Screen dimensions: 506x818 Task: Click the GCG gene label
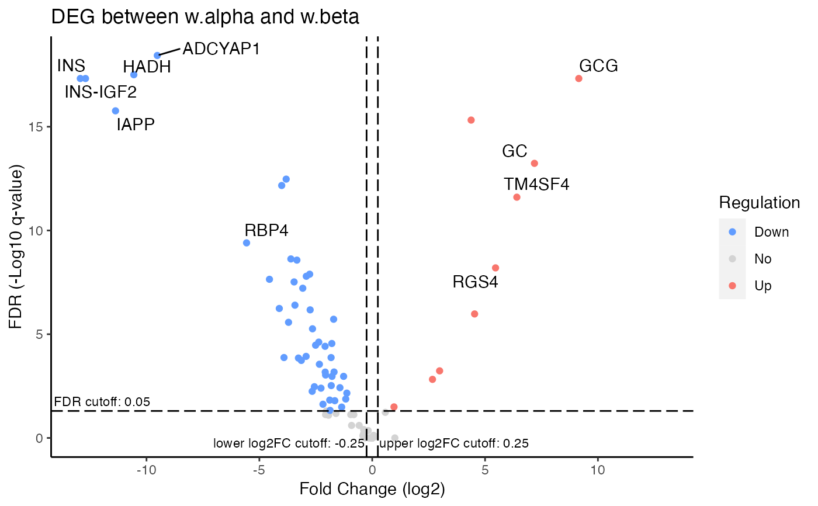598,65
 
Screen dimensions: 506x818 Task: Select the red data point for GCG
578,78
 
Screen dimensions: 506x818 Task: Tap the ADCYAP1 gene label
221,48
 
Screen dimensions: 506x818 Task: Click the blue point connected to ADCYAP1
157,56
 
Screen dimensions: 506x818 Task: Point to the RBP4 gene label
266,230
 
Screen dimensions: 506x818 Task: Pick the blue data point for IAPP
115,111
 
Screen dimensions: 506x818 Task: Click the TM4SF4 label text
536,185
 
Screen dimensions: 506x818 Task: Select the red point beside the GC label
534,164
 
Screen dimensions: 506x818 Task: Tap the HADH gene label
147,67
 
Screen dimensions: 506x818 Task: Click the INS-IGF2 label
100,92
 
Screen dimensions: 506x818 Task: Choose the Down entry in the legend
771,232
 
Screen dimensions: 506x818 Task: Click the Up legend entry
762,286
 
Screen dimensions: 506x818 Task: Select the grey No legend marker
733,259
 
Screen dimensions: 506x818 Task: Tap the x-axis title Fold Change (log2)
372,488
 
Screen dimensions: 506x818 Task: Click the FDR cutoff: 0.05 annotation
102,402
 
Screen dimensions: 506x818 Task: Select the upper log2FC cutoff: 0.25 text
454,443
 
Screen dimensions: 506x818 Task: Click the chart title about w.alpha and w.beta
205,18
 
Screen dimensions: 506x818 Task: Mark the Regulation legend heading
759,203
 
